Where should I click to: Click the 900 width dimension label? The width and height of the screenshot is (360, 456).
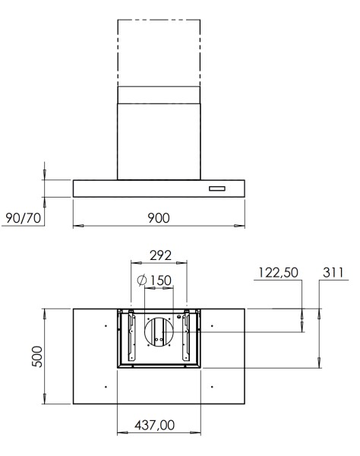pyautogui.click(x=158, y=217)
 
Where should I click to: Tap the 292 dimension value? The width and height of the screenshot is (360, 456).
pyautogui.click(x=159, y=255)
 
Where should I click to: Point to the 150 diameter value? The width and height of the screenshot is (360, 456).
pyautogui.click(x=159, y=280)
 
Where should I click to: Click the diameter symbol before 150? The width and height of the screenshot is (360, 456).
pyautogui.click(x=142, y=280)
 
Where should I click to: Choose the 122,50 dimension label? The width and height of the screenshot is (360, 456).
pyautogui.click(x=279, y=273)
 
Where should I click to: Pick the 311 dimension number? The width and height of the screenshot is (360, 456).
pyautogui.click(x=332, y=273)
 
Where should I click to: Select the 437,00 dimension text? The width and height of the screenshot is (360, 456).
pyautogui.click(x=159, y=426)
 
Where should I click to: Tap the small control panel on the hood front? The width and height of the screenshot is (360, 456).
pyautogui.click(x=218, y=188)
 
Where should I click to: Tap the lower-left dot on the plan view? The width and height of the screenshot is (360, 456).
pyautogui.click(x=105, y=388)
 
